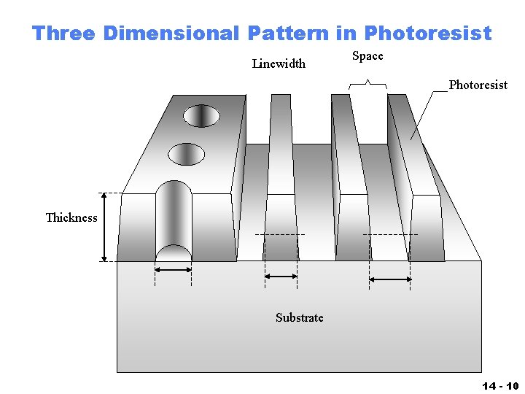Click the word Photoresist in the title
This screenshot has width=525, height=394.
pos(428,33)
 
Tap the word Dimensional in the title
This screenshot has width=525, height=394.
pos(171,33)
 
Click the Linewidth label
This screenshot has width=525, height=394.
pos(279,63)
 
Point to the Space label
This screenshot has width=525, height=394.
pos(367,56)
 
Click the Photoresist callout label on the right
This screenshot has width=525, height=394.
pos(478,85)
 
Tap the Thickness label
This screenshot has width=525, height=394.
pos(71,217)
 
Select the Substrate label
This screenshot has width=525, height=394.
pos(299,317)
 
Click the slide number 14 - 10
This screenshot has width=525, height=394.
pos(499,386)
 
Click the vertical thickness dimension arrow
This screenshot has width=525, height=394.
pos(104,227)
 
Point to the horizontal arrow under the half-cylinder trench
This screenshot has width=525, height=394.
pos(174,269)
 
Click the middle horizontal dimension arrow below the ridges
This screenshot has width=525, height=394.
pos(281,276)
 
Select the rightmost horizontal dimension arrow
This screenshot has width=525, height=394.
pos(391,279)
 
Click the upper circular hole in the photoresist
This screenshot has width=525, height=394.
pos(201,115)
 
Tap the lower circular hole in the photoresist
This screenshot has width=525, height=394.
pos(187,154)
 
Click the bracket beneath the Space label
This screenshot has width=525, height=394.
pos(367,85)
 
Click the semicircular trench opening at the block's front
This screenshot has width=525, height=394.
pos(174,253)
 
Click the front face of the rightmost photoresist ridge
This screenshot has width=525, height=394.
pos(427,228)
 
